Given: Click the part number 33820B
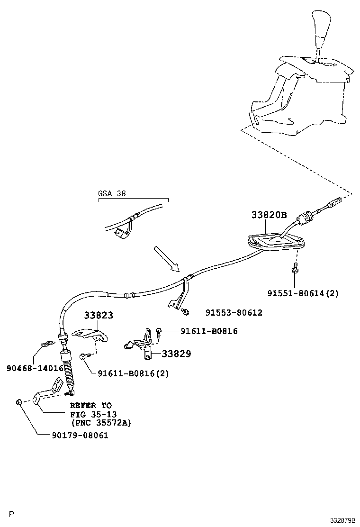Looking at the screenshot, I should pos(269,215).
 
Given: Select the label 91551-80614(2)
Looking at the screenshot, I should pos(303,294).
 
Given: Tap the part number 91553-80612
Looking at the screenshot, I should pos(234,313).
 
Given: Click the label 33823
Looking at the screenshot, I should pos(99,315).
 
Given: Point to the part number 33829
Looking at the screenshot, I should pos(177,354).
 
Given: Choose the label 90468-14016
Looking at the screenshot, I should pos(35,367).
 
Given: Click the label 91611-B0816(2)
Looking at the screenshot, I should pos(133,373).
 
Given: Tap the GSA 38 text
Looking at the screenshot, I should pos(112,194).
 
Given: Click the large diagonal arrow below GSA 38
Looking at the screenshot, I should pos(166,259).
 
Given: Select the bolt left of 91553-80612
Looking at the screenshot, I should pos(185,311).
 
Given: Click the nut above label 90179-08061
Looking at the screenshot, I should pos(18,402).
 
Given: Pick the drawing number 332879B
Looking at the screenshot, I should pos(343,520).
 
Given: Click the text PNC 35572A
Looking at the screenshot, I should pos(101,422).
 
